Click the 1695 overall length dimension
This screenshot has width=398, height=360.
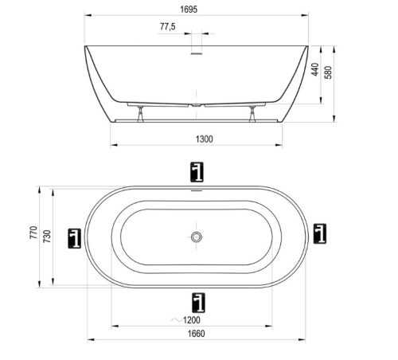point(189,10)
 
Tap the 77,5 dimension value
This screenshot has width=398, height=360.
point(168,26)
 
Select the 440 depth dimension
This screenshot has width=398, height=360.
point(315,69)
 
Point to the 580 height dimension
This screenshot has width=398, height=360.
point(329,72)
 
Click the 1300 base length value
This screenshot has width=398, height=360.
point(204,139)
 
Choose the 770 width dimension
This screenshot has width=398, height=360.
point(33,233)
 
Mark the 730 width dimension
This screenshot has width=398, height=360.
point(47,237)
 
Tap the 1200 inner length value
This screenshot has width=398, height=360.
point(192,320)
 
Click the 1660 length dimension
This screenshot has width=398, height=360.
point(197,334)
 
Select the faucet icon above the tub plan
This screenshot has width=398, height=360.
point(197,172)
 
